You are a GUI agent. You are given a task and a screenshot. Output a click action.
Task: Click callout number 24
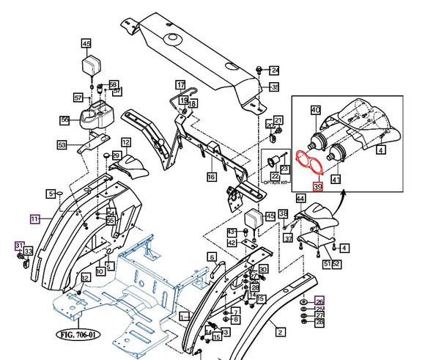tap(275, 71)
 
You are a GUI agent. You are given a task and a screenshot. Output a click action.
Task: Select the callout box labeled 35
tap(275, 87)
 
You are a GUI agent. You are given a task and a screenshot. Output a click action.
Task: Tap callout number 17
tap(180, 84)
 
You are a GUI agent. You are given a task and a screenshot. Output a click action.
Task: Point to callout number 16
tap(211, 177)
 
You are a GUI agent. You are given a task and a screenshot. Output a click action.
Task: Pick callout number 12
tap(126, 142)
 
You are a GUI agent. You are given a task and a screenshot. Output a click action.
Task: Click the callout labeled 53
tap(62, 145)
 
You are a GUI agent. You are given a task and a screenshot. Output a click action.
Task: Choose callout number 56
tap(64, 120)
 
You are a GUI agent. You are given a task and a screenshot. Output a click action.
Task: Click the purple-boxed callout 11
tap(34, 218)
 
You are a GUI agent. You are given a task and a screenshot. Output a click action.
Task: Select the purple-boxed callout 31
tap(20, 245)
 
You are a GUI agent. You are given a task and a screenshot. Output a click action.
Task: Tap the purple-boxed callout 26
tap(319, 301)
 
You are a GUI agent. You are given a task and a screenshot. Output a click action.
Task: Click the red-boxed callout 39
tap(317, 187)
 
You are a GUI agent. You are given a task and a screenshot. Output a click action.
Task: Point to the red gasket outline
tap(308, 164)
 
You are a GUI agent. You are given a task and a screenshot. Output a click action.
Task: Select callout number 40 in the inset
tap(316, 110)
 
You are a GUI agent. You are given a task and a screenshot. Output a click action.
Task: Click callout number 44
tap(300, 198)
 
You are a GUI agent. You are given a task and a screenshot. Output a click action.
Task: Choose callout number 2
tap(279, 331)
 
